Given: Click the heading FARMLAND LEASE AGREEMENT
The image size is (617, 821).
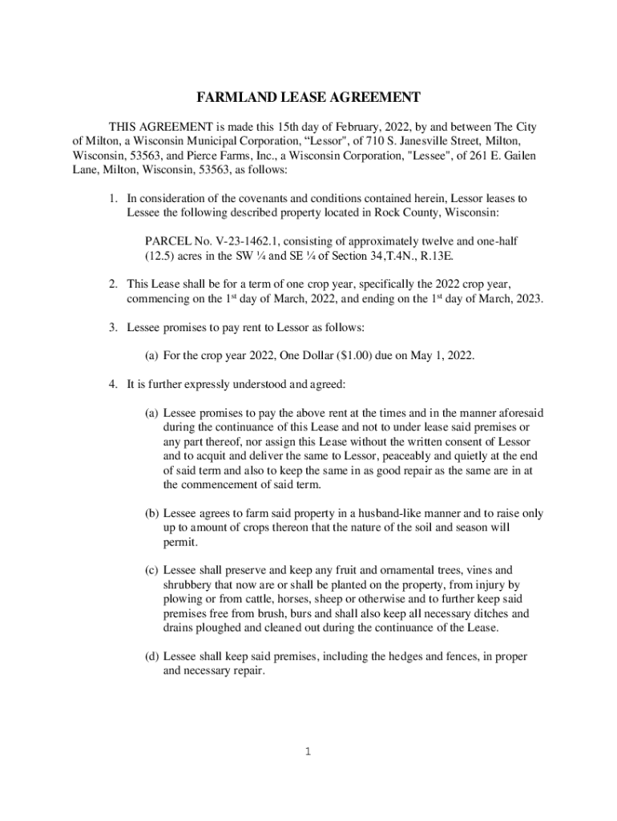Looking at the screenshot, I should tap(308, 98).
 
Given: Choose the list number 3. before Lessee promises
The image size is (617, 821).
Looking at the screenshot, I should tap(114, 328).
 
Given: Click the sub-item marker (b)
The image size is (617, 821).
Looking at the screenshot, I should tap(151, 512).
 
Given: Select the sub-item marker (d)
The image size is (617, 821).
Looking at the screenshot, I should tap(151, 657).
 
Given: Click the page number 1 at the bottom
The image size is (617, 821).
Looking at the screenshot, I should tap(308, 751).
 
